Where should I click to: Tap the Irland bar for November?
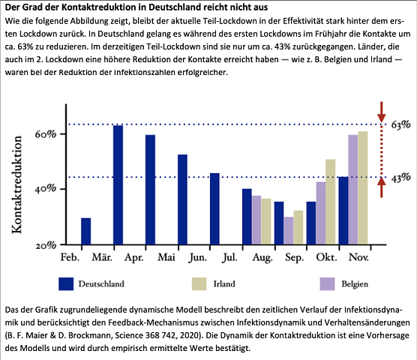point(363,187)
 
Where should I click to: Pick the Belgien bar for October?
point(321,213)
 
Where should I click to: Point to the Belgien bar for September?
point(289,230)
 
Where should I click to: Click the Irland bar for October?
point(330,202)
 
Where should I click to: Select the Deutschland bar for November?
point(343,211)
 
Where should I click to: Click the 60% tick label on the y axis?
point(46,134)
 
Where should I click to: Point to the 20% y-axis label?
point(46,245)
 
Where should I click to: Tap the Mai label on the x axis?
point(166,257)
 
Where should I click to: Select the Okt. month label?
point(326,257)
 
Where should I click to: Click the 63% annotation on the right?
point(400,124)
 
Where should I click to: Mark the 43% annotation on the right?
point(400,178)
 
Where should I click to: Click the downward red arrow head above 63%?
point(381,118)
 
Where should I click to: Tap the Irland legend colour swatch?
point(199,284)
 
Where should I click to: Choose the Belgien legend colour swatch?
point(327,284)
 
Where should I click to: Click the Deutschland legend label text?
point(101,284)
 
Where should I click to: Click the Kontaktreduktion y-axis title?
point(16,184)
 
